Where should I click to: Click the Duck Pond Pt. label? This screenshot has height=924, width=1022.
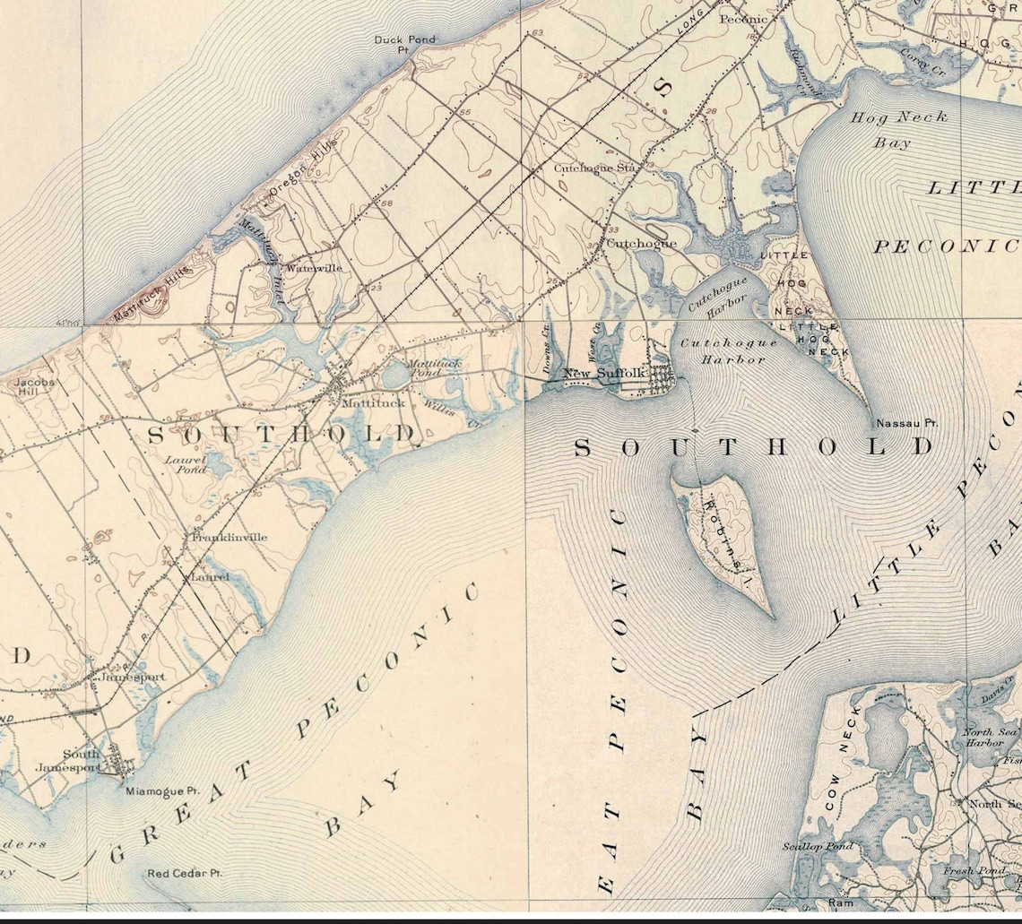tap(392, 44)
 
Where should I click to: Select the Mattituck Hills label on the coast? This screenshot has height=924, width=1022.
tap(152, 292)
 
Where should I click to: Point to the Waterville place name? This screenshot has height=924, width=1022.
tap(313, 268)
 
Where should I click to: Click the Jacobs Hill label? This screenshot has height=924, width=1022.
tap(35, 387)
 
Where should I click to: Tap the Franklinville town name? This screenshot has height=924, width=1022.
tap(230, 537)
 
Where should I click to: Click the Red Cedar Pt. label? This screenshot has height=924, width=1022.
tap(185, 873)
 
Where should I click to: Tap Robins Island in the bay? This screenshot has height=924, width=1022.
tap(722, 538)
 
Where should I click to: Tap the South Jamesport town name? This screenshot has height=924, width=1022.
tap(82, 760)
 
